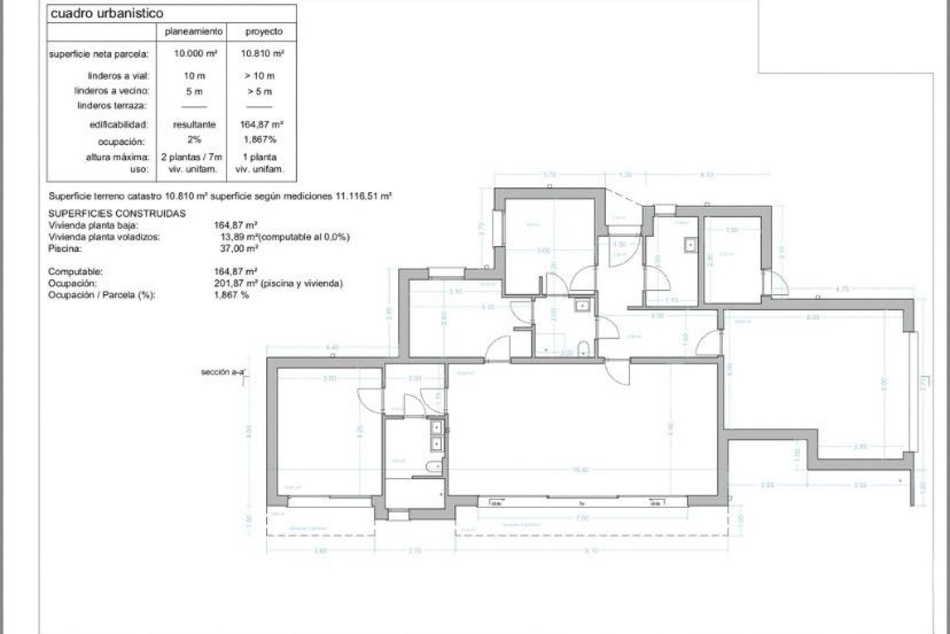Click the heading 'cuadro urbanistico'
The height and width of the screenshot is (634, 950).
[107, 13]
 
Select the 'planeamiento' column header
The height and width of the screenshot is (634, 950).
[193, 32]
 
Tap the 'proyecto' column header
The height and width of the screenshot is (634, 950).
[264, 32]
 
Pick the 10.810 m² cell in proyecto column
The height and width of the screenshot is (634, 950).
[262, 53]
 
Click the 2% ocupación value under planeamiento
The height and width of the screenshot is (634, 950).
[194, 140]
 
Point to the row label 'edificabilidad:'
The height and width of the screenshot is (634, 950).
[119, 125]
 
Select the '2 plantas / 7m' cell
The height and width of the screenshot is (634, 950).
[191, 157]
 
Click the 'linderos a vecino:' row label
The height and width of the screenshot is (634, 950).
[112, 91]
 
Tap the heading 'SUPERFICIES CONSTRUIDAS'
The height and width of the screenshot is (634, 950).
[117, 213]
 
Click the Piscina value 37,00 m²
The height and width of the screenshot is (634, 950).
[238, 249]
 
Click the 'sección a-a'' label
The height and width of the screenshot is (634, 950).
[223, 372]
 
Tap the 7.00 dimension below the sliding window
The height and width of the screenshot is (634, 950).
[582, 518]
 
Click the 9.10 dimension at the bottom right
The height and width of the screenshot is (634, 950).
[591, 550]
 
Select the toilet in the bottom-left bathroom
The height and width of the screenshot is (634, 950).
[434, 467]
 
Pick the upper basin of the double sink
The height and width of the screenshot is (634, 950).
[436, 427]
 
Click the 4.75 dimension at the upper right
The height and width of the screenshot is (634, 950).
[842, 289]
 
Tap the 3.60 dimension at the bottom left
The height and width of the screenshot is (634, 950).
[320, 550]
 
